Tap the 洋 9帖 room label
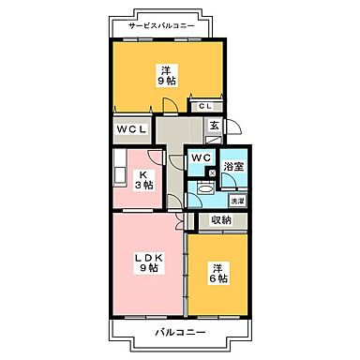point(165,74)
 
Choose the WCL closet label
point(131,129)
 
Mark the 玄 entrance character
point(215,127)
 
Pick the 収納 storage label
point(220,220)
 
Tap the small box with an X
point(214,172)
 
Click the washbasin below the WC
point(200,187)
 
